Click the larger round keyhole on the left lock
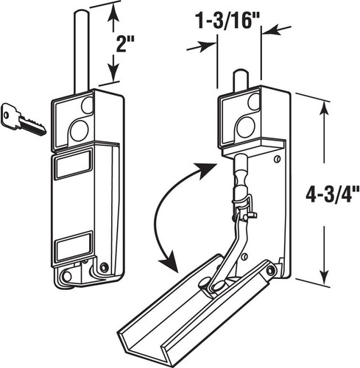[x=78, y=131]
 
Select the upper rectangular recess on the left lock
[x=73, y=166]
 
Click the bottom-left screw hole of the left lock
[x=68, y=276]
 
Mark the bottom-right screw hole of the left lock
[x=104, y=267]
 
